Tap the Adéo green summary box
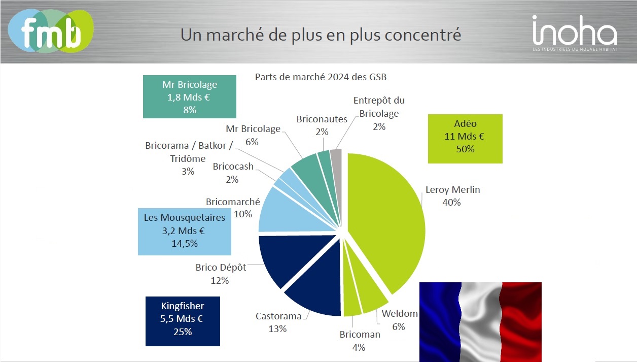(x=465, y=138)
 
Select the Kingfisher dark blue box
(x=183, y=321)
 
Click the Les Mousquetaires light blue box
(x=185, y=231)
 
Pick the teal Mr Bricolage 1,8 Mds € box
(x=190, y=97)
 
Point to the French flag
(x=480, y=321)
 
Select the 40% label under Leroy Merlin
(x=451, y=202)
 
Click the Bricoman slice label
(x=360, y=335)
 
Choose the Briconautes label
(x=322, y=119)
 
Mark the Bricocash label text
(x=233, y=167)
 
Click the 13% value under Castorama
(x=277, y=328)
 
